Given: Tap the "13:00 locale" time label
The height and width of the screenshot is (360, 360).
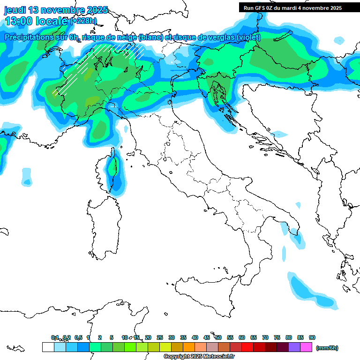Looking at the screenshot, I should point(36,21).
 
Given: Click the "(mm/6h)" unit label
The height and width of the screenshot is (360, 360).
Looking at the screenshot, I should point(327,348).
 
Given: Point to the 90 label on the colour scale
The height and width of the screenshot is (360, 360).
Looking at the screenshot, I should point(312,337).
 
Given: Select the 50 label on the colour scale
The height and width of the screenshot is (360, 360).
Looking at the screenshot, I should point(218,337).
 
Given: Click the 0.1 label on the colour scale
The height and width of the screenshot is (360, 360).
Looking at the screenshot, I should point(55,337).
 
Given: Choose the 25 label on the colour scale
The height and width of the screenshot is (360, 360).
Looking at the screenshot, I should point(160,337).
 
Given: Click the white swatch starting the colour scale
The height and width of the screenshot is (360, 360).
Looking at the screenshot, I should point(48,347).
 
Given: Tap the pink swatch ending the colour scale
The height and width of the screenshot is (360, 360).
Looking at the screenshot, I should point(306,347).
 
